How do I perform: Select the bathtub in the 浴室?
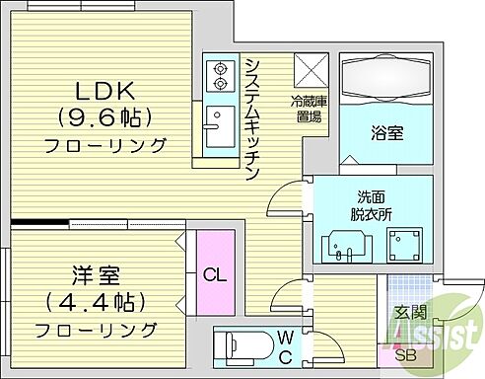(x=384, y=79)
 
